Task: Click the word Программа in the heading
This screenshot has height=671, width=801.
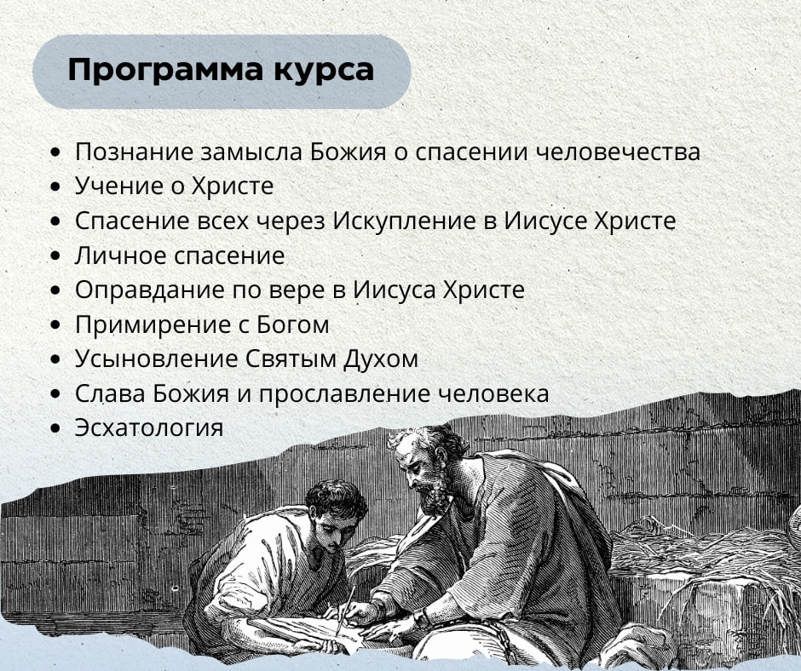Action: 165,71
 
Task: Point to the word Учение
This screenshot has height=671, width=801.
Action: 119,186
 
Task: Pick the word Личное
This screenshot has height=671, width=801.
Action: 120,255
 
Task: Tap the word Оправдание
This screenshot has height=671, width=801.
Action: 150,290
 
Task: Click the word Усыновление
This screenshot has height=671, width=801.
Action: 156,358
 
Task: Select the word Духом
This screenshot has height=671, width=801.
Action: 381,359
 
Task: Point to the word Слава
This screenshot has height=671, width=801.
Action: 109,393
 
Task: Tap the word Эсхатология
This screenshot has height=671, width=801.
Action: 149,427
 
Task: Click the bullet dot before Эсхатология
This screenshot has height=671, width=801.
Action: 55,428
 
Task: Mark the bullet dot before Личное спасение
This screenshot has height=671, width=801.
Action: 55,255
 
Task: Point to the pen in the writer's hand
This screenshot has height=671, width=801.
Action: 345,611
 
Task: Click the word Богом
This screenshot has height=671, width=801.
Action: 293,324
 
